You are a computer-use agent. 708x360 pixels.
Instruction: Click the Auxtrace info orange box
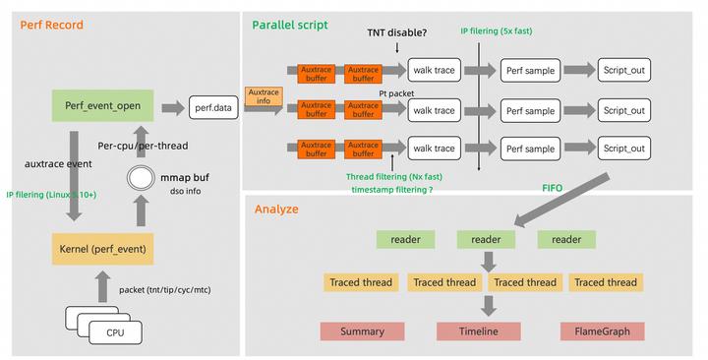264,96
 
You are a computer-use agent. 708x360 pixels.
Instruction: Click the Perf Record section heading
52,25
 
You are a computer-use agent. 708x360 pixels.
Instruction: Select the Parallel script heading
290,24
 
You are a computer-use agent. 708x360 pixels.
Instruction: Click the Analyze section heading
277,210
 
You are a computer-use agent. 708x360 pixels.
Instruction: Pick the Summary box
362,331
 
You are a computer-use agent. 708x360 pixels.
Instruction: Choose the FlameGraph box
602,331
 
